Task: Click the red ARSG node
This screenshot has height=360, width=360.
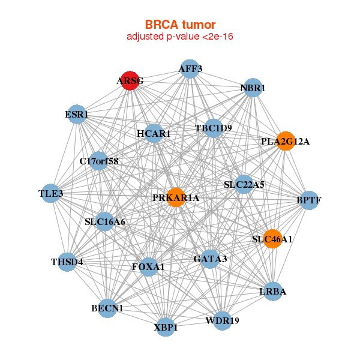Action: point(130,80)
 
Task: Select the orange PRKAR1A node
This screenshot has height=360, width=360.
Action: point(175,197)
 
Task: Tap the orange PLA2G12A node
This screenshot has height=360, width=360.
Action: point(286,142)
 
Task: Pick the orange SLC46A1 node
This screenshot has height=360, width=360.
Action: point(272,239)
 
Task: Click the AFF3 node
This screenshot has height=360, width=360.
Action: point(190,68)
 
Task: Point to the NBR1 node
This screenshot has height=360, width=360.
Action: point(253,88)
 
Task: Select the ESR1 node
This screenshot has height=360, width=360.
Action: point(77,114)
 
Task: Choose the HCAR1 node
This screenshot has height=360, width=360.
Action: point(154,134)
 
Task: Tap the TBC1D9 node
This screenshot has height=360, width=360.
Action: point(213,128)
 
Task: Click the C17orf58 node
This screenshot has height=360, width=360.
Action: point(99,161)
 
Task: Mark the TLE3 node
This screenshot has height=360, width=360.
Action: point(51,193)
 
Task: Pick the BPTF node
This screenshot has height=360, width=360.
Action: point(308,200)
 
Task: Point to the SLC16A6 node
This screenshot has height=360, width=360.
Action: point(105,222)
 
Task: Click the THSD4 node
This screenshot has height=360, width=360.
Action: point(67,262)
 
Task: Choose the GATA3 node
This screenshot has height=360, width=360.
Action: point(210,259)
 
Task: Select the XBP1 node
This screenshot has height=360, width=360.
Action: point(166,328)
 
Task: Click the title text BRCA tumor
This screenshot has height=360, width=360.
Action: point(180,25)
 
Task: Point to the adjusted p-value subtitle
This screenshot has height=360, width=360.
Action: point(180,37)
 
